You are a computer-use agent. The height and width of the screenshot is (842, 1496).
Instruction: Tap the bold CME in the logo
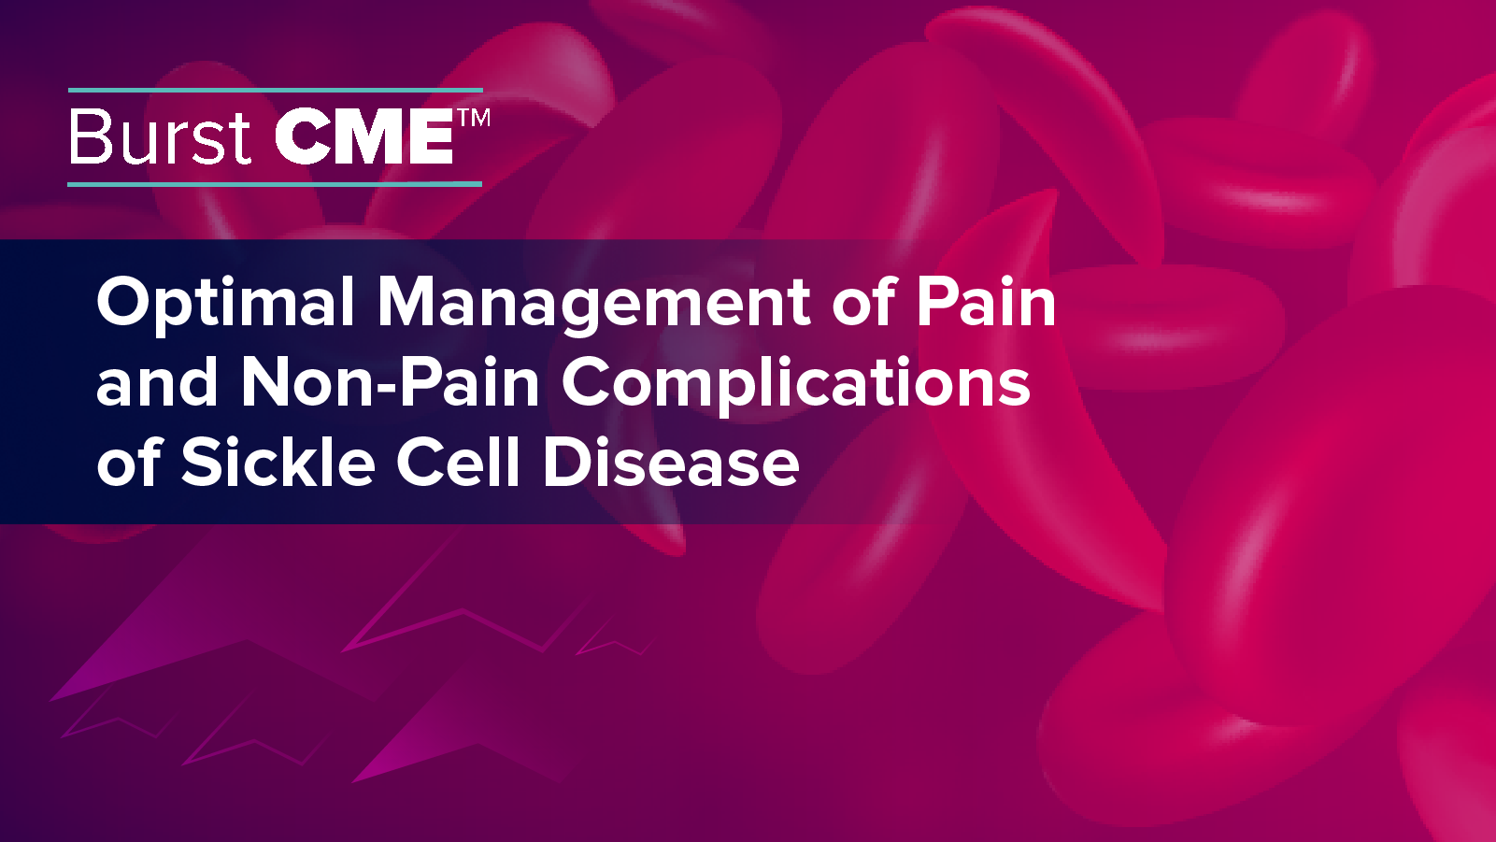tap(364, 137)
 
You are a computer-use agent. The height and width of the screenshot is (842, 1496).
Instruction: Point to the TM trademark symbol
tap(474, 118)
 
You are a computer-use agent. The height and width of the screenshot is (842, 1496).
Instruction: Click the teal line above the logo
tap(276, 91)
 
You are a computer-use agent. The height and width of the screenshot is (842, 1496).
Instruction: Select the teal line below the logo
tap(276, 184)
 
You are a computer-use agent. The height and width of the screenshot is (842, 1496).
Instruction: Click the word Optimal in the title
tap(225, 303)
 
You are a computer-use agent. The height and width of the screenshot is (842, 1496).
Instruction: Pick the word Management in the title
tap(593, 303)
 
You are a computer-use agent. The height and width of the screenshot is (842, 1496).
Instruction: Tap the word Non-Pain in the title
tap(391, 382)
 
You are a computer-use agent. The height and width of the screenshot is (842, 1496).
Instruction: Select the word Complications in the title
tap(795, 382)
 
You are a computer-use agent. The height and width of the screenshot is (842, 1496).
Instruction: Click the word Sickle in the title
tap(278, 462)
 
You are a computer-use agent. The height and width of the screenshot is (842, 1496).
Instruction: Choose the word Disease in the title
tap(671, 462)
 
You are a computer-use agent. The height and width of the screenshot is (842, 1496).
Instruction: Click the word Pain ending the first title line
tap(986, 303)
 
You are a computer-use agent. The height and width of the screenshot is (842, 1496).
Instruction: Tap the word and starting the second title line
tap(157, 382)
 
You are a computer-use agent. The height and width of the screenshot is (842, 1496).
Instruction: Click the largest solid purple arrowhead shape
tap(215, 654)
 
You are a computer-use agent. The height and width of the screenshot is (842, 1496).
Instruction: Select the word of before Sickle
tap(129, 462)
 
